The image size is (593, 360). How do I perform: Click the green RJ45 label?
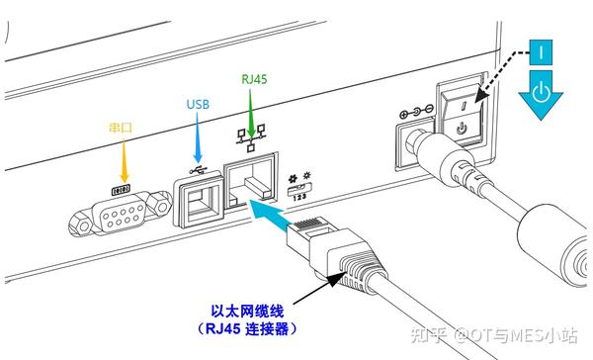(254, 79)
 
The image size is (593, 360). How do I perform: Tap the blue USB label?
(198, 104)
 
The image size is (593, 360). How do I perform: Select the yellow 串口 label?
(121, 128)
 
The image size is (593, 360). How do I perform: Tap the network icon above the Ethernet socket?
(251, 137)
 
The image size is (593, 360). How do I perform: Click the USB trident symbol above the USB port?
(199, 170)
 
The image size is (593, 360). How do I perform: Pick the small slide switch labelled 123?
(299, 188)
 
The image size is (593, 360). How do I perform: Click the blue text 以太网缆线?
(247, 312)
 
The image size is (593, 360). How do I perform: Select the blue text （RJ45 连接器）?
(247, 329)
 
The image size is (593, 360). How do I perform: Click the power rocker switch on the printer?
(462, 114)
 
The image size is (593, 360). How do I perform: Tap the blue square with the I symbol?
(541, 51)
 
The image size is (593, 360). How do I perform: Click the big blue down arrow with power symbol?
(541, 95)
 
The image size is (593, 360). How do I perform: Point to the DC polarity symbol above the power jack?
(416, 112)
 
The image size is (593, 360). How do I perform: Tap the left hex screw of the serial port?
(81, 225)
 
